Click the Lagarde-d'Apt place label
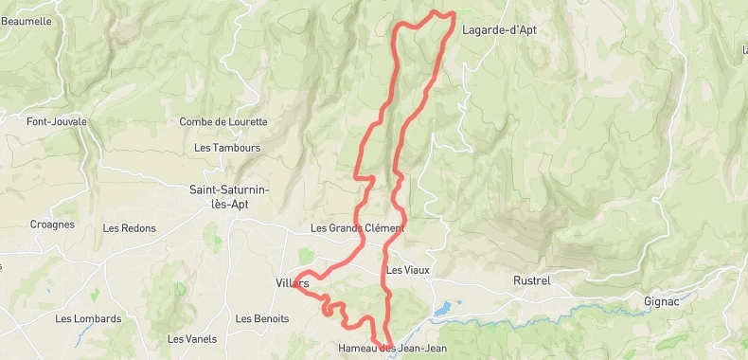pos(499,29)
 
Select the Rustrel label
pos(531,281)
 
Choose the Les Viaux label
pos(408,270)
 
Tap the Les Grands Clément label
pos(357,228)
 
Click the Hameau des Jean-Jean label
pos(392,349)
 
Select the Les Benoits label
pos(262,319)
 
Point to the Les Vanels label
pos(192,339)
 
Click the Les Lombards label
pos(88,319)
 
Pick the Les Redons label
pos(129,228)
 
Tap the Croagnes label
pos(52,225)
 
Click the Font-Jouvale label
pos(57,121)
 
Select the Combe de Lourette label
pos(223,121)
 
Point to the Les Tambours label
pos(227,148)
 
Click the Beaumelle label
pos(27,21)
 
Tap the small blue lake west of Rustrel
pos(442,309)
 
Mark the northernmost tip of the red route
pos(436,11)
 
